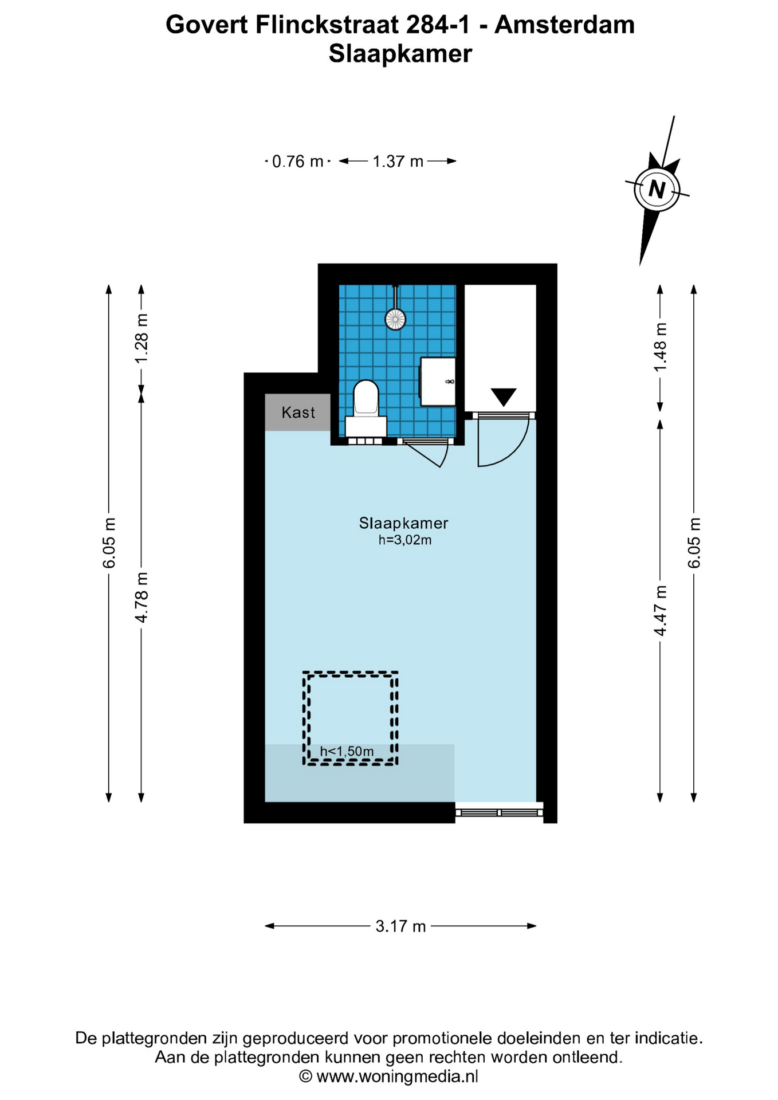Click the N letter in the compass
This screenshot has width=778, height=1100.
657,188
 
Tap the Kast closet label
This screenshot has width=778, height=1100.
298,412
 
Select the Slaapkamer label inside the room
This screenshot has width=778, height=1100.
403,522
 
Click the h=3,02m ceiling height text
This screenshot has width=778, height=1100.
404,540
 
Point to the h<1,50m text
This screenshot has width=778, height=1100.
347,751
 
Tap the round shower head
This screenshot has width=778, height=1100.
395,319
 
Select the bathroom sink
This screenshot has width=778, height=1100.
438,382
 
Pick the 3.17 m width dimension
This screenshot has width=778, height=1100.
400,926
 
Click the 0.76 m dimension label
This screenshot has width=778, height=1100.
297,162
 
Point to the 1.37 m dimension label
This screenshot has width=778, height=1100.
398,162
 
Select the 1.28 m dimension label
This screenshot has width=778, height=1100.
142,337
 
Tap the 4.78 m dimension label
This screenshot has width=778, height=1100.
142,596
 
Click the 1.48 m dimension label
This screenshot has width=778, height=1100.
661,347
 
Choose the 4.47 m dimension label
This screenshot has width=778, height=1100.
661,610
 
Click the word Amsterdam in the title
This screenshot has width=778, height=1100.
564,25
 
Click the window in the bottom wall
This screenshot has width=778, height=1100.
499,812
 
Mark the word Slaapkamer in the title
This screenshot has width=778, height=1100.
400,53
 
